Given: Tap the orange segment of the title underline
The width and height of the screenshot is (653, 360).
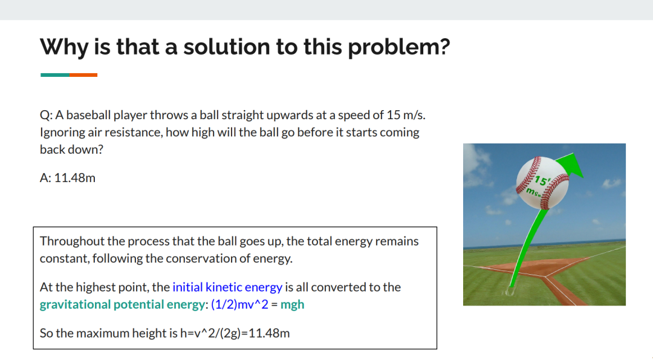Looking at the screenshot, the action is [83, 75].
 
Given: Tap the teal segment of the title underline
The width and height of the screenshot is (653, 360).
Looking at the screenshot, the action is [55, 75].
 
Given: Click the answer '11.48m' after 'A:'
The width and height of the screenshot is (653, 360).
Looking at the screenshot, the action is [75, 178].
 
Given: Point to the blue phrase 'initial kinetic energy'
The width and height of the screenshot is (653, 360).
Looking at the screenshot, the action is [227, 287].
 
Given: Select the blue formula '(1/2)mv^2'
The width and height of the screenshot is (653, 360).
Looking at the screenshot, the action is [240, 304].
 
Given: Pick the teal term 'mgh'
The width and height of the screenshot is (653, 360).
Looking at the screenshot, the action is [293, 304].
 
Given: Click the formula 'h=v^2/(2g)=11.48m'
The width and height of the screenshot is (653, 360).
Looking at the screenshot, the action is [235, 333].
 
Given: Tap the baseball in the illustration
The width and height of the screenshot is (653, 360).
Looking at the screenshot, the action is [542, 183].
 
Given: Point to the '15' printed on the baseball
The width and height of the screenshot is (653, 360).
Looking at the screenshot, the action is [541, 180].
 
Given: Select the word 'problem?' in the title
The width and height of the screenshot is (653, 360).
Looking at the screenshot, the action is [399, 47].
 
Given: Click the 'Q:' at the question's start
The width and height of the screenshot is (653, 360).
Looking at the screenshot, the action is [46, 115].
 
